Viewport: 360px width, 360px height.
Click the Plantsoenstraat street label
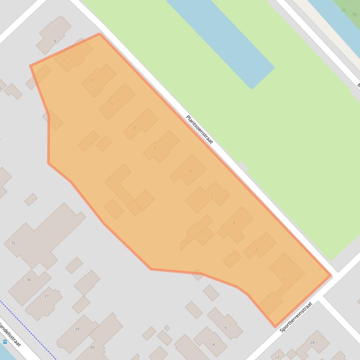tap(199, 130)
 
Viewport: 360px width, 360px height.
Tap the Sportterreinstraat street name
tap(296, 317)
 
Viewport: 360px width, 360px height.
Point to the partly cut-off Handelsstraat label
tap(10, 334)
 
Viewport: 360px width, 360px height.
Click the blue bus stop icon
tap(5, 342)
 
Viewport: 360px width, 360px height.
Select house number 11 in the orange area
tap(63, 60)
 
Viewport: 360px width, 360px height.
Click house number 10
tap(91, 80)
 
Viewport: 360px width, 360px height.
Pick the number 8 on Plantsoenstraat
tap(134, 128)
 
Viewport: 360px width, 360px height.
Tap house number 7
tap(155, 148)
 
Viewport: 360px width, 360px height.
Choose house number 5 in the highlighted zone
tap(212, 194)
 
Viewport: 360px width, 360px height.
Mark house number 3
tap(256, 249)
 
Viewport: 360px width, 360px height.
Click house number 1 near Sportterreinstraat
tap(284, 279)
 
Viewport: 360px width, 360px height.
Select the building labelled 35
tap(13, 243)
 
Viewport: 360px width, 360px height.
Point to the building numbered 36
tap(29, 280)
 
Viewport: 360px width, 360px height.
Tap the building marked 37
tap(46, 296)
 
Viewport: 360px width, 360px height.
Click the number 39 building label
tap(77, 329)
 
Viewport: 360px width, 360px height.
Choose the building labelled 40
tap(92, 347)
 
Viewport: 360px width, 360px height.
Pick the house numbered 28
tap(312, 342)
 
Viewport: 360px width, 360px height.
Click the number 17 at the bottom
tap(277, 358)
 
